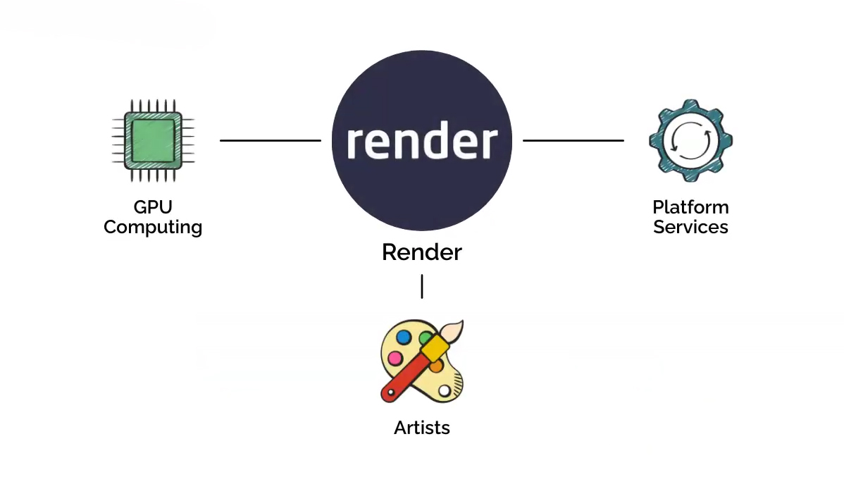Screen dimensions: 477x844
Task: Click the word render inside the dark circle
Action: [421, 142]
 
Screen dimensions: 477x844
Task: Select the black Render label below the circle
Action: [421, 252]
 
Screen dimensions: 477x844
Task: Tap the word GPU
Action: [153, 207]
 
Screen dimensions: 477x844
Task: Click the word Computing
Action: [153, 228]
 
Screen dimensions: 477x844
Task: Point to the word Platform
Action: [690, 207]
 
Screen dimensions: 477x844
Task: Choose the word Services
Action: [690, 228]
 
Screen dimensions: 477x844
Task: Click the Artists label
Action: [422, 428]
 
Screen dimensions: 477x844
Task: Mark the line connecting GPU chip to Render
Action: [271, 140]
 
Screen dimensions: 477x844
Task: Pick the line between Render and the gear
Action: [573, 140]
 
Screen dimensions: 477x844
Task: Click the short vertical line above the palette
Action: [422, 286]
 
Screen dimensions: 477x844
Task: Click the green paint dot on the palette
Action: [424, 338]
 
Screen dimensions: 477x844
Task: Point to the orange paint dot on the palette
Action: [436, 366]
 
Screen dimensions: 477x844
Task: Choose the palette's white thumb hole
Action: [445, 390]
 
